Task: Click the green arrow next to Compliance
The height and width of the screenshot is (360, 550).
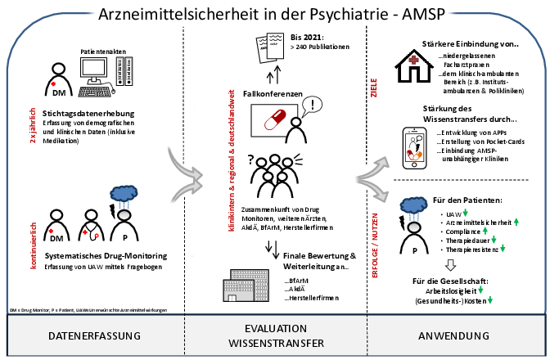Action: click(x=483, y=232)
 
